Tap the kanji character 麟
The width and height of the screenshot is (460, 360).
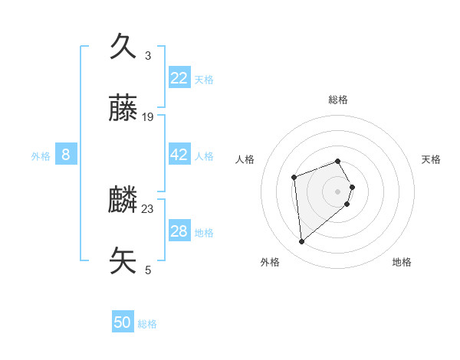point(124,201)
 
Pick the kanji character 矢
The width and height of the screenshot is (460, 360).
point(124,261)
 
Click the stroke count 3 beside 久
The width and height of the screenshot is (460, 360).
point(148,56)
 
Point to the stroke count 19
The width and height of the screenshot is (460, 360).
point(148,117)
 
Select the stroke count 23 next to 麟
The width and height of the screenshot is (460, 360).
point(148,209)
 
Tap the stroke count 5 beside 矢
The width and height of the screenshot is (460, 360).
point(148,270)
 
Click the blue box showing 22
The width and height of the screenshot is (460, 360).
point(179,78)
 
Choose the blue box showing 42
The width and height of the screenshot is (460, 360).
point(179,155)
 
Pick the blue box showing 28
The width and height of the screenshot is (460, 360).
point(179,231)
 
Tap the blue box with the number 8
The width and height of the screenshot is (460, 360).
point(66,155)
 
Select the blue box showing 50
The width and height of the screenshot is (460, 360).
point(123,322)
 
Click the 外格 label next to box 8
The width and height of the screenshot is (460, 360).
point(41,156)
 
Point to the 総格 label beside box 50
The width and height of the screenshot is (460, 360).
point(147,324)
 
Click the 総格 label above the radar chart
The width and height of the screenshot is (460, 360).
point(338,100)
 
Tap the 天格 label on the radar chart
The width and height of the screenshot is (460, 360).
point(431,159)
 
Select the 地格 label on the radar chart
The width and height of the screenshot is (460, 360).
point(402,262)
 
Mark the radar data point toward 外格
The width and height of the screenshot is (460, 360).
point(302,242)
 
